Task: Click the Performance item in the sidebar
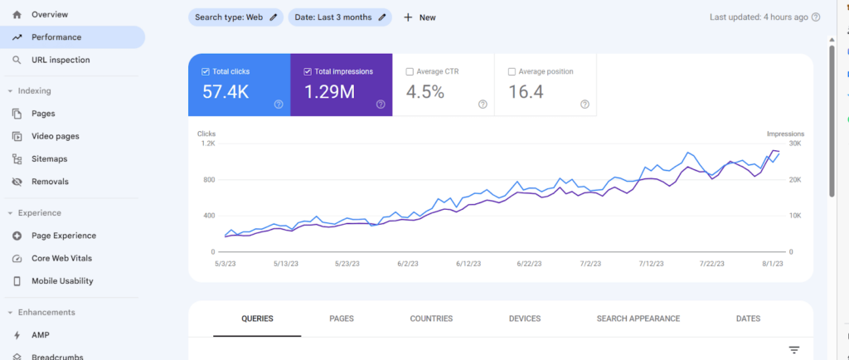pyautogui.click(x=56, y=37)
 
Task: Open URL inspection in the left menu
pyautogui.click(x=61, y=60)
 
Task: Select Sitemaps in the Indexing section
pyautogui.click(x=49, y=158)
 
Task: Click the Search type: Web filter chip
pyautogui.click(x=235, y=17)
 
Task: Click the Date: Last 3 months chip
pyautogui.click(x=340, y=17)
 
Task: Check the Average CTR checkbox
pyautogui.click(x=410, y=72)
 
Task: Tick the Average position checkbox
pyautogui.click(x=512, y=72)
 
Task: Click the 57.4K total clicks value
pyautogui.click(x=226, y=92)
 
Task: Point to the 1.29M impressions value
pyautogui.click(x=329, y=92)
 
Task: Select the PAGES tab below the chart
pyautogui.click(x=342, y=319)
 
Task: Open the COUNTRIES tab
pyautogui.click(x=431, y=319)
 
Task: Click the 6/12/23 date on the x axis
pyautogui.click(x=470, y=264)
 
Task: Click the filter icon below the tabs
pyautogui.click(x=794, y=351)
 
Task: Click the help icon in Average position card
pyautogui.click(x=585, y=105)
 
